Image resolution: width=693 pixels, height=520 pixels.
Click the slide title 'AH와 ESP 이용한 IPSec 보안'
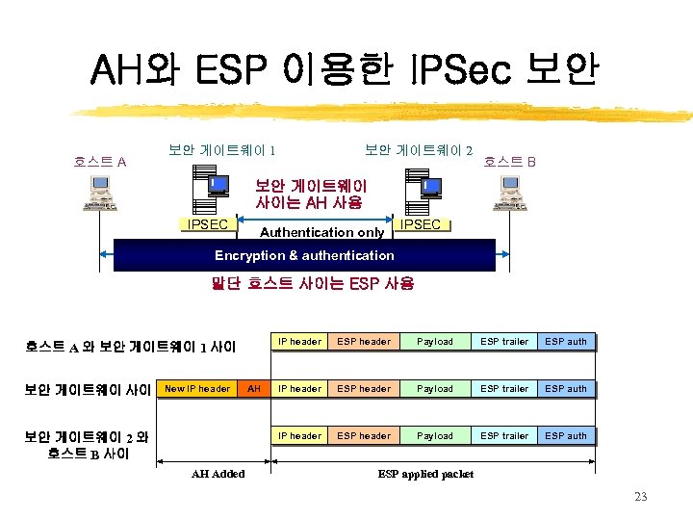(345, 70)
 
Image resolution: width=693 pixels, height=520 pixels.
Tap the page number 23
(642, 497)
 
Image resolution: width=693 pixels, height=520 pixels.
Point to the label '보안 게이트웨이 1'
(223, 150)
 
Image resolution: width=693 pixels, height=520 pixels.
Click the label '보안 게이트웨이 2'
(419, 150)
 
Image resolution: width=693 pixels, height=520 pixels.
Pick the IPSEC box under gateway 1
(208, 224)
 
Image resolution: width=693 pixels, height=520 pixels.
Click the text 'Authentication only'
(321, 232)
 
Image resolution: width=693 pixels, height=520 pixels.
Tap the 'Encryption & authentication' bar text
(304, 256)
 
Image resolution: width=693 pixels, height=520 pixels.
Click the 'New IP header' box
(198, 389)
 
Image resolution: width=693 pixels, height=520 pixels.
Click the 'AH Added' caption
(218, 473)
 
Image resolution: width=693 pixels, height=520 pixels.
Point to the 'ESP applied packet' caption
(424, 473)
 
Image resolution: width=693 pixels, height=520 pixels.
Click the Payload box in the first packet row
(435, 342)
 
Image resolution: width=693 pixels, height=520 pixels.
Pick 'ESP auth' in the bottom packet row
(566, 436)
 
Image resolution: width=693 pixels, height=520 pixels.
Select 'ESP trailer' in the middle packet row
(504, 389)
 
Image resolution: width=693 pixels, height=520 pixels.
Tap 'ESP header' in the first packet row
(364, 342)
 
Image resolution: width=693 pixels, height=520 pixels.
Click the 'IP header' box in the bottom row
(299, 436)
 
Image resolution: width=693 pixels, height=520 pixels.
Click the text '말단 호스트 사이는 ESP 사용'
(312, 284)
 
